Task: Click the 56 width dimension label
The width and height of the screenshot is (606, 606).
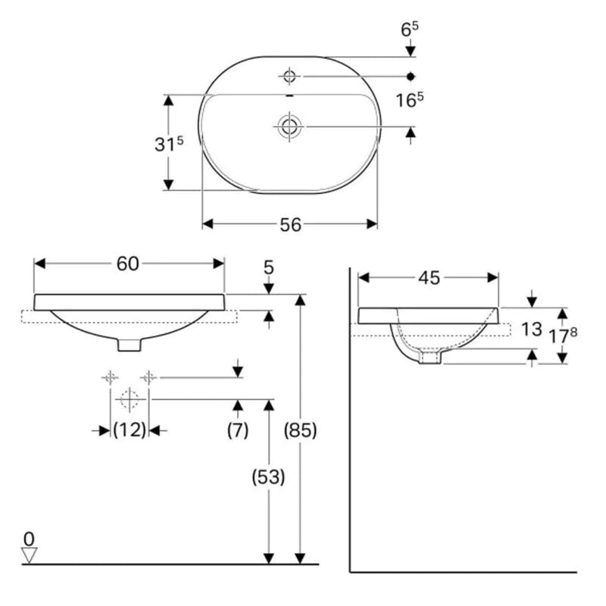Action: (290, 224)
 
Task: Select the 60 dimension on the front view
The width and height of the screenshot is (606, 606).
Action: (127, 264)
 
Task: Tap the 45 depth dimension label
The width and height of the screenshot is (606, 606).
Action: (429, 278)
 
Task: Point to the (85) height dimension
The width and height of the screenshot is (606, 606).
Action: (300, 430)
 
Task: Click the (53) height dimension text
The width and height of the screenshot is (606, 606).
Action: (268, 477)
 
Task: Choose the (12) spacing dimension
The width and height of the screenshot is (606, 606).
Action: (130, 430)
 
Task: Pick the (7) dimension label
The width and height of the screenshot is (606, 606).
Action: (238, 430)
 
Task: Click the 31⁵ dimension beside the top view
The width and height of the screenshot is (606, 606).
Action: (169, 144)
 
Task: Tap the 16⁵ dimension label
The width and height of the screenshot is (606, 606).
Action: (410, 100)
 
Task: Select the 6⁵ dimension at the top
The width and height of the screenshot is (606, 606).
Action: (410, 30)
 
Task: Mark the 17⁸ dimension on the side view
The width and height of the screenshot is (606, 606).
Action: (563, 336)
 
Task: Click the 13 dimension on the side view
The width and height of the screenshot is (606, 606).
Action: (532, 330)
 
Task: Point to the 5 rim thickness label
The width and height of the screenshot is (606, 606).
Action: (269, 267)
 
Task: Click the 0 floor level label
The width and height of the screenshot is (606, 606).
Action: (29, 539)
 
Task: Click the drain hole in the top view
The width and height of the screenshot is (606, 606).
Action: (289, 127)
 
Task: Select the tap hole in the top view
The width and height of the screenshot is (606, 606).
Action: (289, 76)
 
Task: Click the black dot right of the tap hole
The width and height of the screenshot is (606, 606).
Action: (411, 77)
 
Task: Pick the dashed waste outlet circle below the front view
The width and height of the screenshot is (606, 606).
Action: (129, 399)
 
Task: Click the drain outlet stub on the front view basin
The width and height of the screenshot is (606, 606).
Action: (130, 345)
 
